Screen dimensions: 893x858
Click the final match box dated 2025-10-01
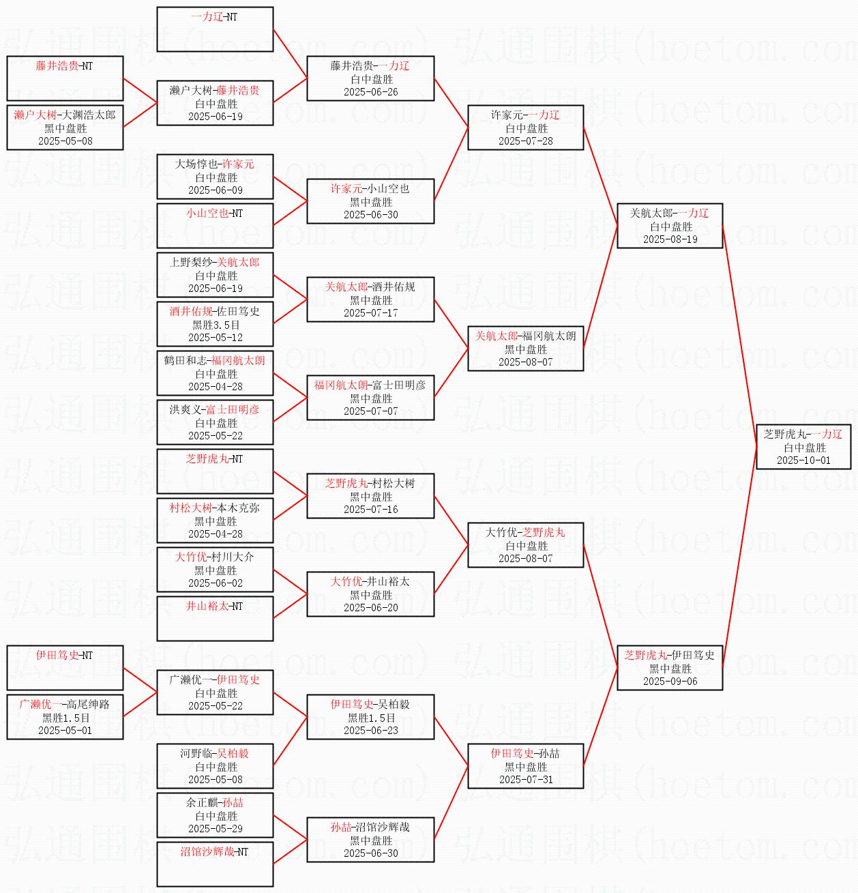(x=803, y=447)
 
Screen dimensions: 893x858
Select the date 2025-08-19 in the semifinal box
(x=670, y=239)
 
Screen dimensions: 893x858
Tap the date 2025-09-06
(x=670, y=682)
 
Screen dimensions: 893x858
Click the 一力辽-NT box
(x=215, y=29)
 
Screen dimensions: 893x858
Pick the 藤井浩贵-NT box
(x=65, y=78)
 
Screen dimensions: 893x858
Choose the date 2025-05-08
(x=65, y=141)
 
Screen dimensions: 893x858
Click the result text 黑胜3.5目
(x=216, y=325)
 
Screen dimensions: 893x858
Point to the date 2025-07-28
(x=525, y=141)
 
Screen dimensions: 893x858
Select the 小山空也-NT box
(x=215, y=226)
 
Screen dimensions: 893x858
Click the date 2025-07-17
(x=370, y=313)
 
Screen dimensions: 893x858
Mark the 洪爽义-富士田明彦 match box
(x=215, y=422)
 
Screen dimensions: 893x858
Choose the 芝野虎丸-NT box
(x=215, y=471)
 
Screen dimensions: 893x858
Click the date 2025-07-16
(x=370, y=510)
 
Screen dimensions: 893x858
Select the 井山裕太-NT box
(x=215, y=619)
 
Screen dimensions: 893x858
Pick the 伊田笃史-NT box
(x=65, y=668)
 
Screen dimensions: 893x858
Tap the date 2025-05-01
(x=65, y=731)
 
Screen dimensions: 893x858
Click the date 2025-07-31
(x=525, y=780)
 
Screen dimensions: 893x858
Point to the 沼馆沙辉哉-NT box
(x=215, y=864)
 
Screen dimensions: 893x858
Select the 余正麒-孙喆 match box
(x=215, y=815)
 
